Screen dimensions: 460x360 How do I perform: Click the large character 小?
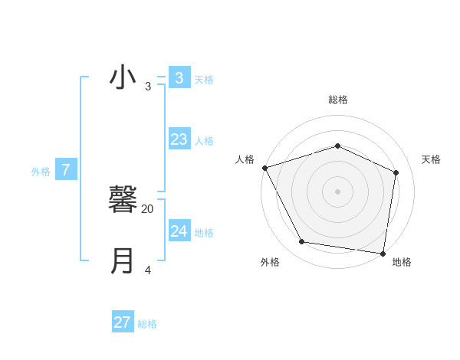point(123,77)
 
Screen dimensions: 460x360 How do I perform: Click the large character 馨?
point(123,201)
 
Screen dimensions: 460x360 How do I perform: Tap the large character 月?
point(123,261)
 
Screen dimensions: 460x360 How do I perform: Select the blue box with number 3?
point(179,77)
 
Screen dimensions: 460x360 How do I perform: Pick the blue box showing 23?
point(179,139)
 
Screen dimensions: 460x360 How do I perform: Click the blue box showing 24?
point(179,231)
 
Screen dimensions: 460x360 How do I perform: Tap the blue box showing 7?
point(66,170)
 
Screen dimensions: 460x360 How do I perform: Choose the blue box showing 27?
point(123,322)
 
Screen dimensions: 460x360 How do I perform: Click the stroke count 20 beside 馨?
point(148,208)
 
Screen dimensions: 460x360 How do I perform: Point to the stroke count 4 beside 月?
point(148,270)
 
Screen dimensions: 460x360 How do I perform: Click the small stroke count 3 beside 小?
point(148,86)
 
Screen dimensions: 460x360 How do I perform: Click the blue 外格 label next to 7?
point(41,172)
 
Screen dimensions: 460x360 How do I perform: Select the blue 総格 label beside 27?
point(147,324)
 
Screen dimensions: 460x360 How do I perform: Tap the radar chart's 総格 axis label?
point(338,100)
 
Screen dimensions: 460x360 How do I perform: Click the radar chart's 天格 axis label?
point(431,159)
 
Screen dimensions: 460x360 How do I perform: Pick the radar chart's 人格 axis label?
point(245,159)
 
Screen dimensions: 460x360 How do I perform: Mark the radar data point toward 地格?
point(383,253)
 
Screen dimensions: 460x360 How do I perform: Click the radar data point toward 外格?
point(302,242)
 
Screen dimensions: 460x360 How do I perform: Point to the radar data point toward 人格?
point(264,168)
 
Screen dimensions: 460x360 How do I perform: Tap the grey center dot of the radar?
point(338,191)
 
